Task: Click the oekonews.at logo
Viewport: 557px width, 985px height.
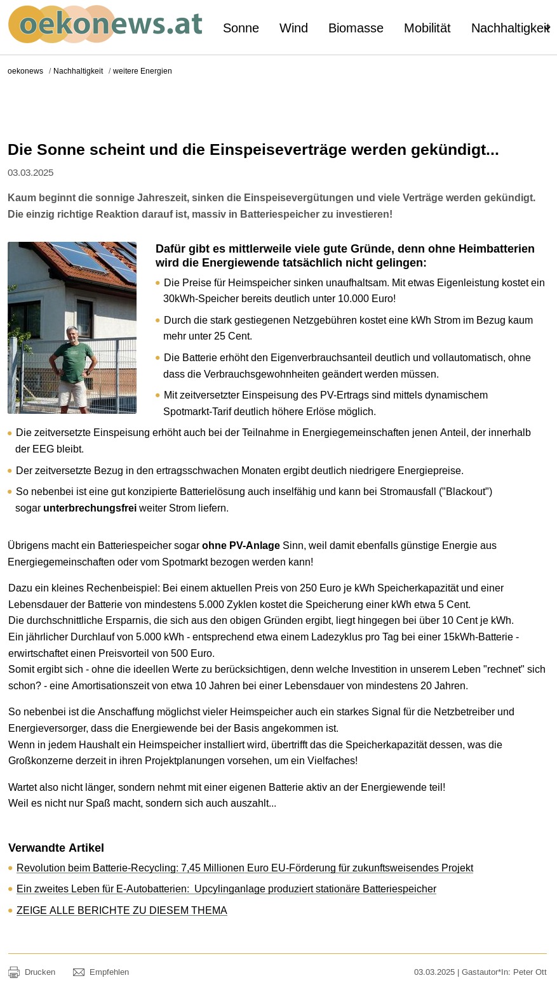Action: [x=105, y=25]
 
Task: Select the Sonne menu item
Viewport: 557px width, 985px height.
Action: [x=241, y=28]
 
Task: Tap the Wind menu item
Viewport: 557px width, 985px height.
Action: [x=293, y=28]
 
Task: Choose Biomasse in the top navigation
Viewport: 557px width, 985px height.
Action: [x=356, y=28]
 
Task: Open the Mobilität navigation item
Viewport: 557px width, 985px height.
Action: [x=427, y=28]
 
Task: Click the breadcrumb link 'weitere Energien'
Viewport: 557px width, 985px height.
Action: [x=142, y=71]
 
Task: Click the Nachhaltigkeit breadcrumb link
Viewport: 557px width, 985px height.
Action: [x=78, y=71]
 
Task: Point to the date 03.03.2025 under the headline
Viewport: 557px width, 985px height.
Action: [x=30, y=173]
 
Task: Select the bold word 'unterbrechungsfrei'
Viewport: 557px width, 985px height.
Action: [x=90, y=508]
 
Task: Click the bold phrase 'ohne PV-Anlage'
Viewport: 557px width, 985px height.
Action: [x=241, y=545]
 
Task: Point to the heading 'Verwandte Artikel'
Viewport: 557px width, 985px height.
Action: [x=56, y=848]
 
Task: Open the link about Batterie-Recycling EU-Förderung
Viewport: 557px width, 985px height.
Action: [x=245, y=868]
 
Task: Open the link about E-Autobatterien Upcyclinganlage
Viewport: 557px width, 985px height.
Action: [x=226, y=889]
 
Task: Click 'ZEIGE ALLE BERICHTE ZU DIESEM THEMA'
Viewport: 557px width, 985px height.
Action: [x=121, y=910]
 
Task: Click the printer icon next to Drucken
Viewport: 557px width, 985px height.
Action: [x=14, y=972]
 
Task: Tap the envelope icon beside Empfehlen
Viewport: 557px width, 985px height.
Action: [x=79, y=972]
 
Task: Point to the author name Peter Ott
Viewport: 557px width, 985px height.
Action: [x=530, y=972]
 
